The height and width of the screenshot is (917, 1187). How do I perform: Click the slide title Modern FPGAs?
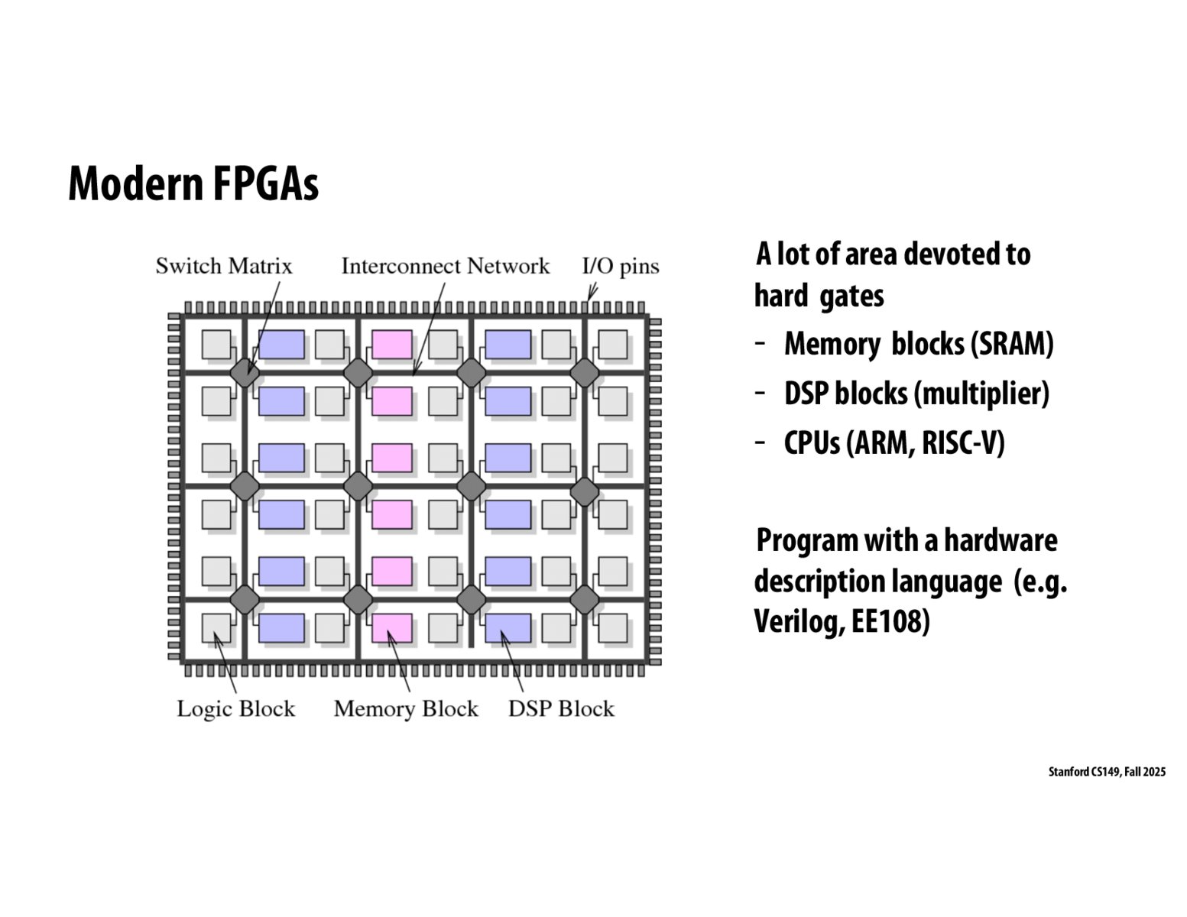click(193, 184)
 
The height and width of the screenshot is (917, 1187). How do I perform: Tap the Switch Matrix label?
click(224, 266)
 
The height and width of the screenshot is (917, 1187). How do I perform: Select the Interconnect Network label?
click(445, 266)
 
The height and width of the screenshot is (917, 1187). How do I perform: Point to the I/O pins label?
click(620, 266)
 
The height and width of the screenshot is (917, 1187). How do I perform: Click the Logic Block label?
click(235, 708)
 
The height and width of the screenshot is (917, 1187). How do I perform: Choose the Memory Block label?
click(405, 708)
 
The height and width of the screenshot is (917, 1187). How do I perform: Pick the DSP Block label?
click(561, 708)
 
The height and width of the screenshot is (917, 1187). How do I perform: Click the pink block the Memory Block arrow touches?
click(392, 628)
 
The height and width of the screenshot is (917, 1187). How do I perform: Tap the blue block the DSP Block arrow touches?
click(508, 628)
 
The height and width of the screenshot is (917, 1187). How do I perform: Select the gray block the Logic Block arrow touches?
click(216, 628)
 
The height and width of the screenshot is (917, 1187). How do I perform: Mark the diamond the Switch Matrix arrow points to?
click(245, 372)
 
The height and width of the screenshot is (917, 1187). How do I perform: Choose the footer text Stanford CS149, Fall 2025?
click(1106, 772)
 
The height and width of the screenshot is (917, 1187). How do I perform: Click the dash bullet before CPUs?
click(760, 442)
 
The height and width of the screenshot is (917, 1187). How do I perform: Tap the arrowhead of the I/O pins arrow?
click(589, 299)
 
